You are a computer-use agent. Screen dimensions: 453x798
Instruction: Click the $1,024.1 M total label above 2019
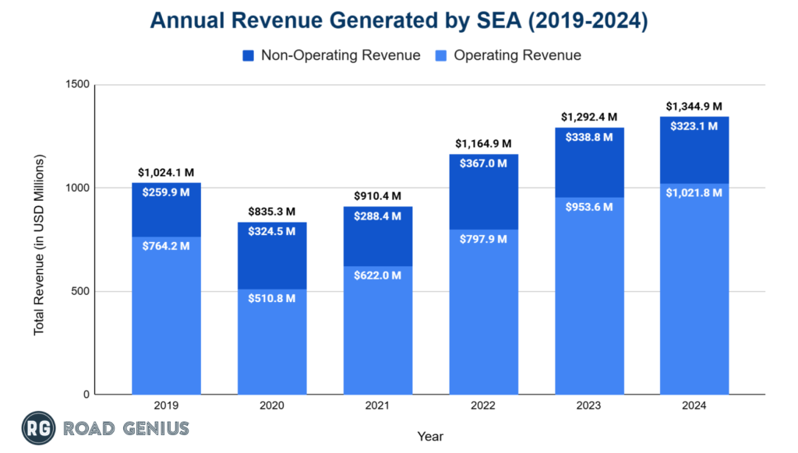tap(166, 173)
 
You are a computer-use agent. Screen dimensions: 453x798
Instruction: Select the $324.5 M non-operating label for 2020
tap(272, 232)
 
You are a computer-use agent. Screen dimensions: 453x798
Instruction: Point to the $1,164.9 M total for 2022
tap(483, 144)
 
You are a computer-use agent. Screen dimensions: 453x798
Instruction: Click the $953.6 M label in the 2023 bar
tap(589, 206)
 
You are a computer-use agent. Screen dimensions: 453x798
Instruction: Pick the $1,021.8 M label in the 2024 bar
tap(694, 192)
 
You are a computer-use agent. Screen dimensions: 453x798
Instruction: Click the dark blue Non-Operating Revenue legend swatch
tap(248, 55)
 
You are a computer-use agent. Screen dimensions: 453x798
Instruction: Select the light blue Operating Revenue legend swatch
tap(441, 55)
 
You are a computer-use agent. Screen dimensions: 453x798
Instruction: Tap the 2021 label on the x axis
tap(378, 406)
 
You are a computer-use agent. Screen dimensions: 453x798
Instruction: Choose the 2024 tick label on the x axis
tap(694, 406)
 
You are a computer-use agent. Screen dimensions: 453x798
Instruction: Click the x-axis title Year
tap(431, 437)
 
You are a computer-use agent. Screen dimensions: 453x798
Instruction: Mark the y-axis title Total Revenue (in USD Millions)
tap(38, 245)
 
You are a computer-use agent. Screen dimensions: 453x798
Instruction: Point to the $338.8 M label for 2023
tap(589, 137)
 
